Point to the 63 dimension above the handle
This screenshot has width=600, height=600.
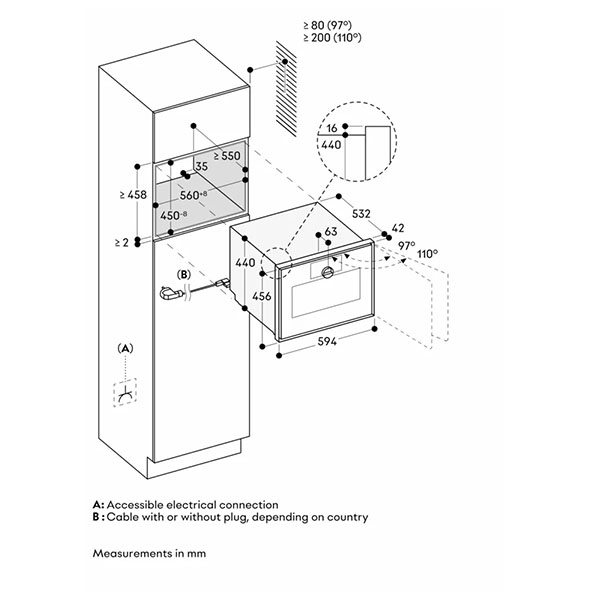328,233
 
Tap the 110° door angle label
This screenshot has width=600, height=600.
427,254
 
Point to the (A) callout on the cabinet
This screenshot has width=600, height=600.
125,348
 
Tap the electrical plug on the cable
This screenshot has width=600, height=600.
167,293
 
